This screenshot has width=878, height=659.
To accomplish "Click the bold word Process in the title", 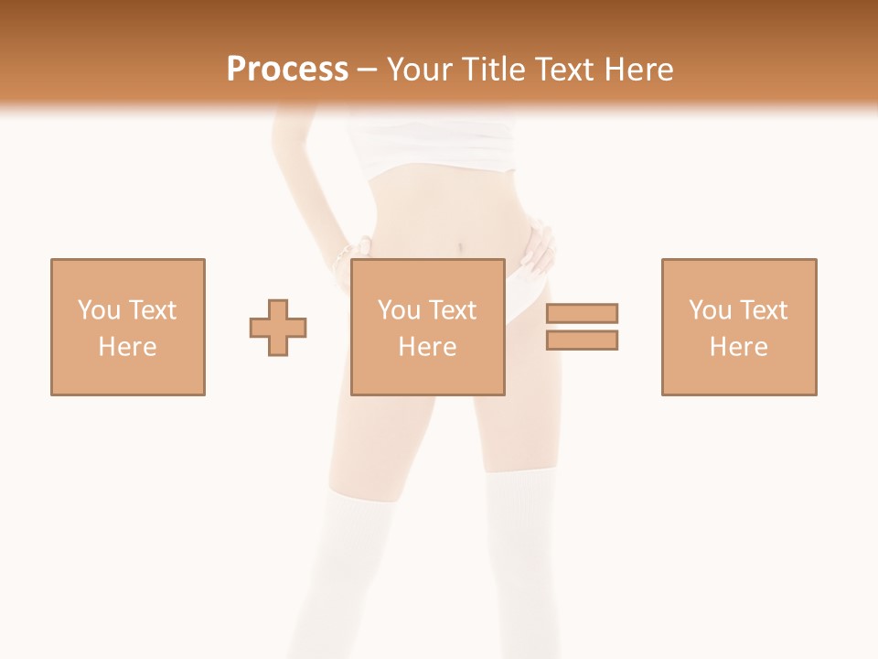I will (287, 70).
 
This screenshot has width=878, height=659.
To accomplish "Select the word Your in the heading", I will (420, 70).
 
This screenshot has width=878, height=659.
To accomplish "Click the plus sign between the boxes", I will (278, 328).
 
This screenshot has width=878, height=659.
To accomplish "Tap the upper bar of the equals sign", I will (583, 313).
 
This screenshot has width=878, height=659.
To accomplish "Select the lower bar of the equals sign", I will (583, 340).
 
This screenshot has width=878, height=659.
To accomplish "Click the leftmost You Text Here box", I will (128, 327).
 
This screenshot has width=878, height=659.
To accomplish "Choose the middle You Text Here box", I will (428, 327).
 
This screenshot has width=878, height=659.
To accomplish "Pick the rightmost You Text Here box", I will (739, 327).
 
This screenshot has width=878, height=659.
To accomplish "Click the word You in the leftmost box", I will (99, 310).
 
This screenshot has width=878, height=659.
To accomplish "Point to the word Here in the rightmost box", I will (739, 347).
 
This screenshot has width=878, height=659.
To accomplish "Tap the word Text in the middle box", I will (451, 310).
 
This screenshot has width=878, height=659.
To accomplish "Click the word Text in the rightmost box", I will (762, 310).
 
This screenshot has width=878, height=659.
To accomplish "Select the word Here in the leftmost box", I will (128, 347).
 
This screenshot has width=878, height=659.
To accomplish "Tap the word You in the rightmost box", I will (710, 310).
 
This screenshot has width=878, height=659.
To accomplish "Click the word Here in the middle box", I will (428, 347).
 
